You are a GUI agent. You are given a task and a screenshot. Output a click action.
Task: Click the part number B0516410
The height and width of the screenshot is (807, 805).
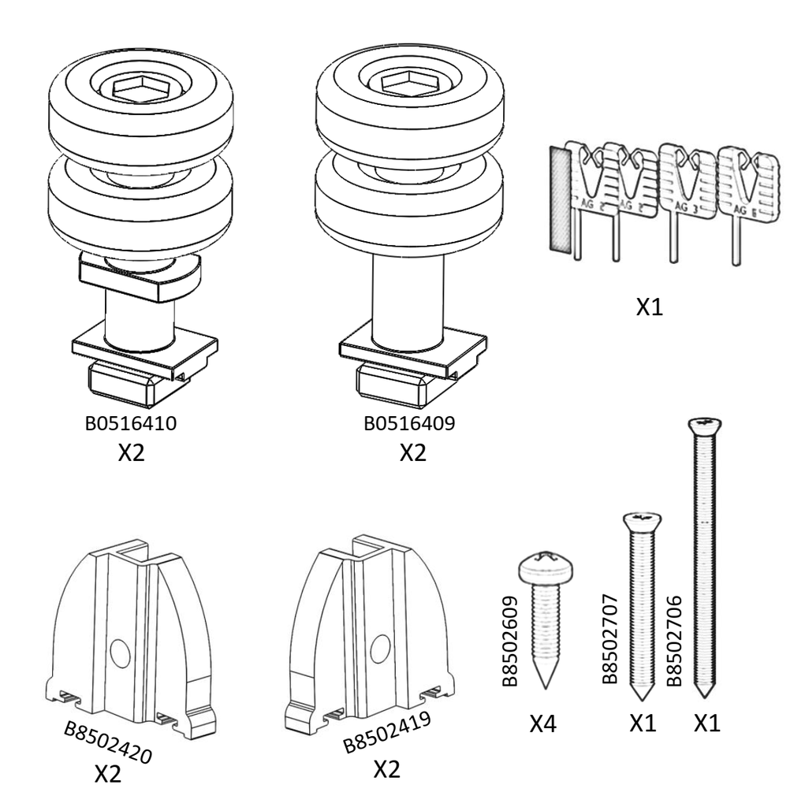[130, 423]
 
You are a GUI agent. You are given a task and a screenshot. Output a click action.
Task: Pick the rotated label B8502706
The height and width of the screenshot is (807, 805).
[674, 630]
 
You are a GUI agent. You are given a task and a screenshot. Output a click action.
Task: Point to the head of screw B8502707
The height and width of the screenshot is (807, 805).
[642, 520]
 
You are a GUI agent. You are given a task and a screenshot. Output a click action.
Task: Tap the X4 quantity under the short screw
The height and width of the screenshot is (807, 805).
[543, 723]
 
